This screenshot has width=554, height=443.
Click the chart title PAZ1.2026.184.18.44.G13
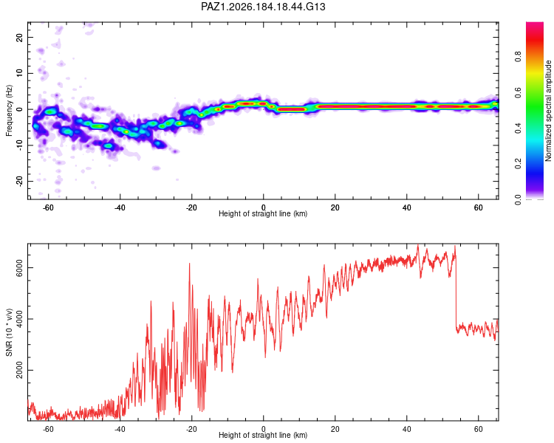tap(263, 7)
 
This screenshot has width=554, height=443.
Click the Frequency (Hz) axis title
tap(9, 111)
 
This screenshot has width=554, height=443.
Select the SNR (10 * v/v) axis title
tap(9, 332)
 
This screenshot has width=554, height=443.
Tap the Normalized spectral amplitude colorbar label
tap(548, 111)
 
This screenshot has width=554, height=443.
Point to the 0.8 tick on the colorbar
tap(518, 57)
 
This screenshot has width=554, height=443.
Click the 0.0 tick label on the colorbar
tap(518, 199)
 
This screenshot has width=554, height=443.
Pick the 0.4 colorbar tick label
tap(518, 128)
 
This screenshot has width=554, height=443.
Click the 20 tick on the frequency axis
tap(19, 37)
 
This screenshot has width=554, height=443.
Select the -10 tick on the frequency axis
tap(19, 145)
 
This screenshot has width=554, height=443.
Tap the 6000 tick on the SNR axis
tap(19, 268)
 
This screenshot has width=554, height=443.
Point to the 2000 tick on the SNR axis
tap(19, 370)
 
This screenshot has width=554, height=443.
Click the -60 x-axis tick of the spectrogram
tap(49, 207)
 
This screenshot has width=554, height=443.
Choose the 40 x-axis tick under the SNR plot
tap(407, 429)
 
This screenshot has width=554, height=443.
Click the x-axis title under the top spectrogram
tap(263, 213)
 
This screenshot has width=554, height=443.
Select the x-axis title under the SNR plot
tap(263, 435)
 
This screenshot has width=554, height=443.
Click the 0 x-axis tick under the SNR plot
tap(263, 429)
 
